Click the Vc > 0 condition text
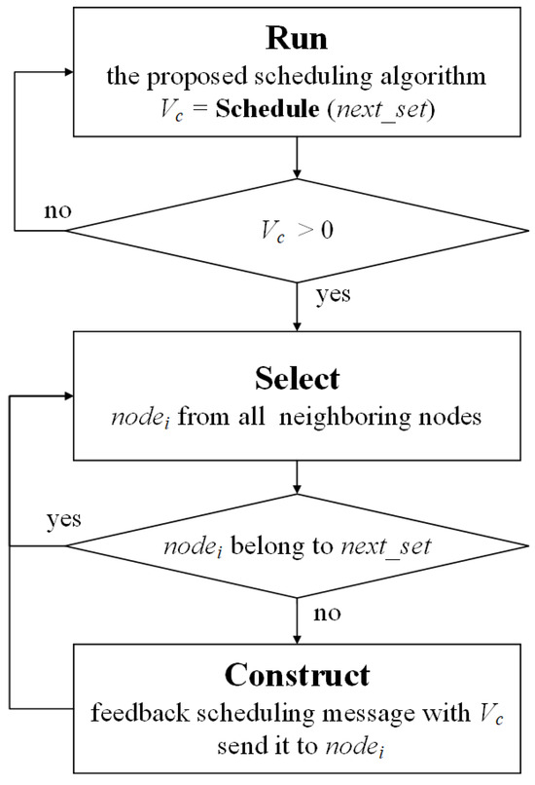(x=294, y=230)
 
